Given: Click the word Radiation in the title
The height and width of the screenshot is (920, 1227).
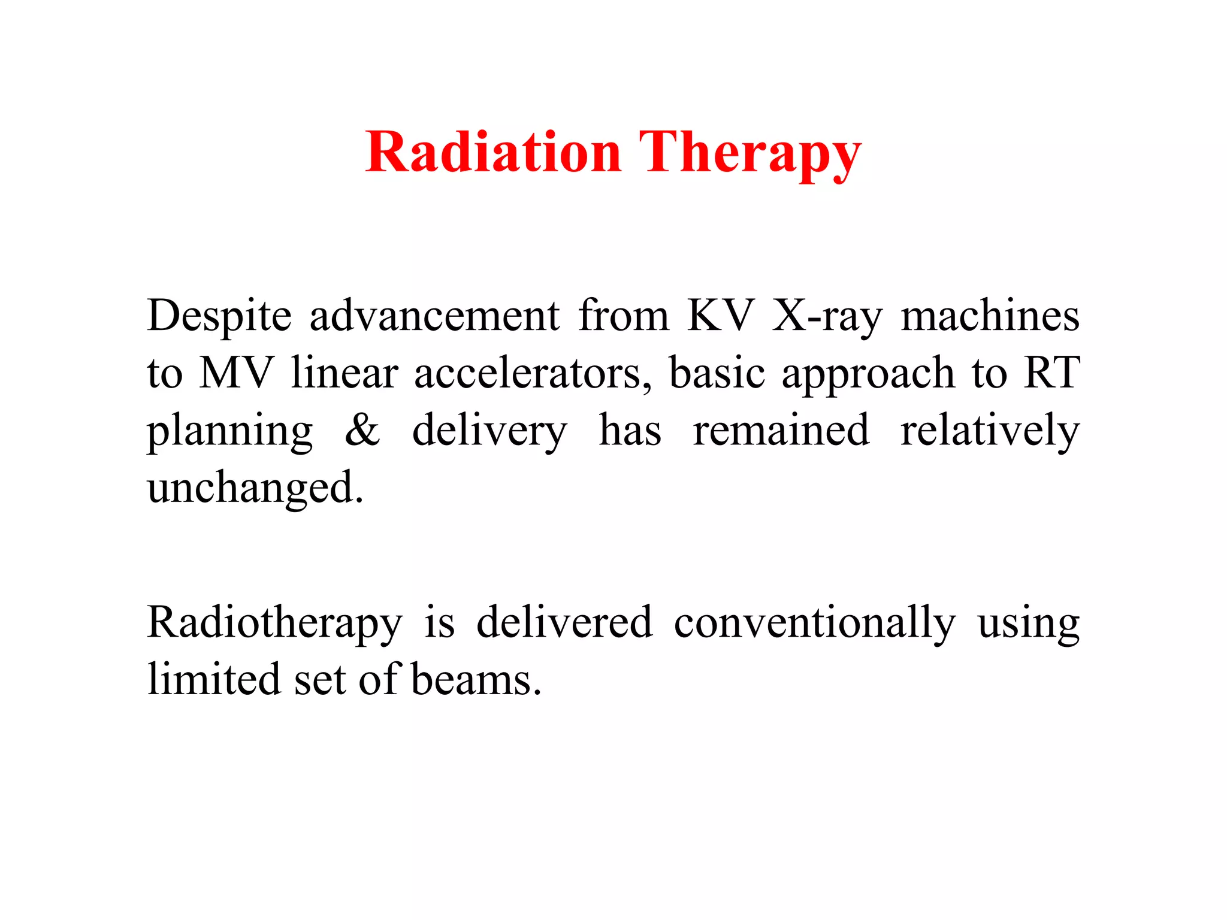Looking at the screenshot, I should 492,152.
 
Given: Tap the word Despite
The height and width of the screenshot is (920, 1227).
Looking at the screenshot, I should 219,316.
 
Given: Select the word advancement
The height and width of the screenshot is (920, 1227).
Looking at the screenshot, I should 434,316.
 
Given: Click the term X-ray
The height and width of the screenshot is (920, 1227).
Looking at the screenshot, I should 827,316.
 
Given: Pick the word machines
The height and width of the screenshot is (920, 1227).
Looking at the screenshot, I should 990,316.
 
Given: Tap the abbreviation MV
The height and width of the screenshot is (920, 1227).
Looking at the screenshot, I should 236,373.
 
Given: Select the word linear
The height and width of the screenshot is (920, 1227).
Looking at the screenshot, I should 344,373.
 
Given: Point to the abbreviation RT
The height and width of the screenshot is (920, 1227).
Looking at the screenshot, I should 1051,373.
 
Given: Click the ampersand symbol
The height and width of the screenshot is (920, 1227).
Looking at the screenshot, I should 362,430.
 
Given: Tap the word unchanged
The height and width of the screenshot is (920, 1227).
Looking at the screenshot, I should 255,488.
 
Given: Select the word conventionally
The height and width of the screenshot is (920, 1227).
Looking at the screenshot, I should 814,623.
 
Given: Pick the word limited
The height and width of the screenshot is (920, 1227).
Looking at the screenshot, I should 214,680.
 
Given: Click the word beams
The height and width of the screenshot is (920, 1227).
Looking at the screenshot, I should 476,680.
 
